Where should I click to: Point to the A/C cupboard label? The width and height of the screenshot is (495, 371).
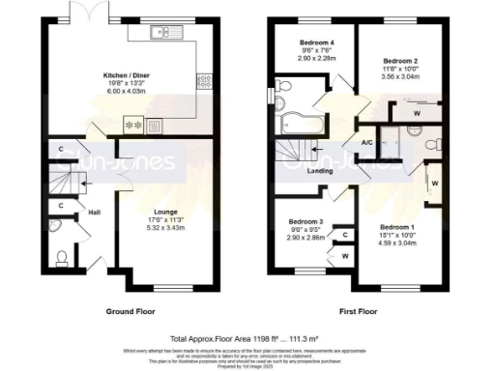[x=367, y=143]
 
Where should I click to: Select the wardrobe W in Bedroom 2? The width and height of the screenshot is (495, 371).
[x=416, y=112]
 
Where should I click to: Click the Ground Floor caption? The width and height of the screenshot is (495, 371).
[x=131, y=311]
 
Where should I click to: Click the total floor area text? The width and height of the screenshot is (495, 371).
[x=247, y=339]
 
